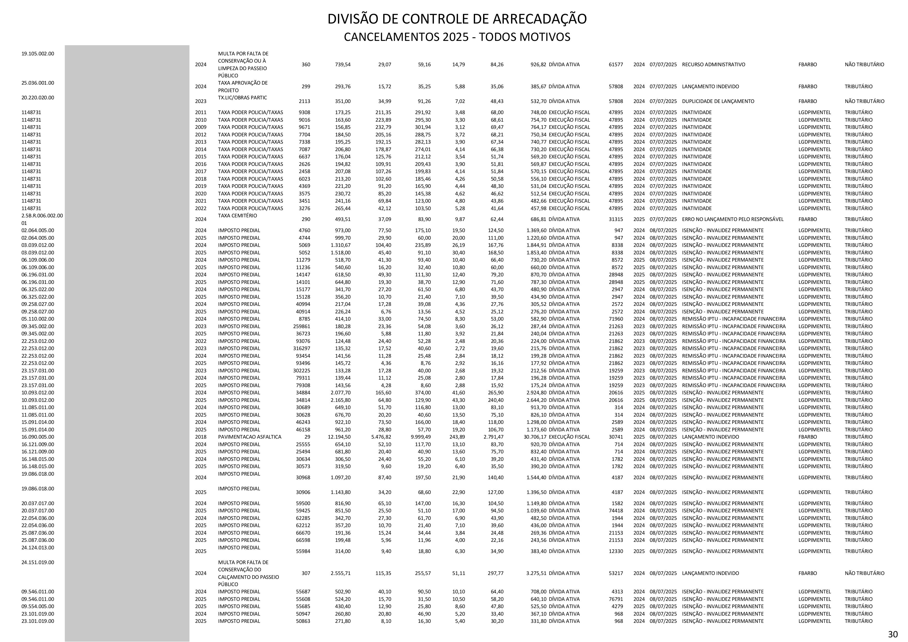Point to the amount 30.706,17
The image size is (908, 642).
point(532,437)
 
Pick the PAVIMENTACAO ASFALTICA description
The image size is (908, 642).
point(249,437)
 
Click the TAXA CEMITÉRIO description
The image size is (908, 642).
point(237,216)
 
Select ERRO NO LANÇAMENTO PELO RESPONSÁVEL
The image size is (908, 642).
point(732,219)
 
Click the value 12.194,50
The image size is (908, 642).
point(339,437)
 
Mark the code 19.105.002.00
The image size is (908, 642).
point(38,53)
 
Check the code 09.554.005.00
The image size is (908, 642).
point(38,606)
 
